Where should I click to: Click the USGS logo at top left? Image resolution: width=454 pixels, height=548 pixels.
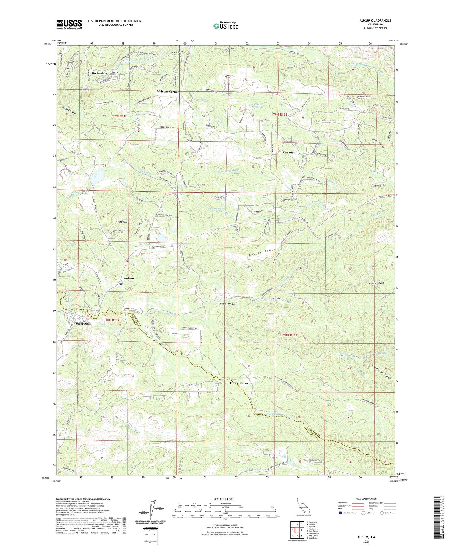tap(69, 24)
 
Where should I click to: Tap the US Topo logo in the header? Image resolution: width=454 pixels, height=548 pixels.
tap(225, 26)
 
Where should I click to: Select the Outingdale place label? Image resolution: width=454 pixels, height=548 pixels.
tap(99, 73)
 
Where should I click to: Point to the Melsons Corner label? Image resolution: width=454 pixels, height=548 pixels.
tap(168, 92)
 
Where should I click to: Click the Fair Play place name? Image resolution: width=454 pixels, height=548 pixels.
tap(289, 153)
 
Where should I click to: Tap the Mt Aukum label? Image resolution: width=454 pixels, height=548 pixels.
tap(121, 222)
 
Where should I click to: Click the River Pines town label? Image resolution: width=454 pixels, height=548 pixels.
tap(83, 324)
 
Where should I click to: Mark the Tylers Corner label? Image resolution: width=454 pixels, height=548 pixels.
tap(239, 383)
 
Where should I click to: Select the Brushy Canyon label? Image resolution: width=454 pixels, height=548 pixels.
tap(376, 283)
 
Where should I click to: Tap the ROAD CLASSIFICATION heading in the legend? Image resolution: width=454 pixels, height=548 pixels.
tap(366, 499)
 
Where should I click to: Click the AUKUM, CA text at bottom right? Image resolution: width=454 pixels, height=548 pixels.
tap(366, 537)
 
